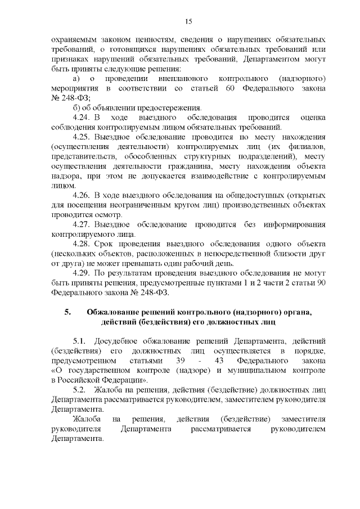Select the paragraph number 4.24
tap(83, 118)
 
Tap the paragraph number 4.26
tap(83, 195)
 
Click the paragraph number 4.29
tap(83, 273)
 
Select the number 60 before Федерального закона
tap(229, 89)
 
